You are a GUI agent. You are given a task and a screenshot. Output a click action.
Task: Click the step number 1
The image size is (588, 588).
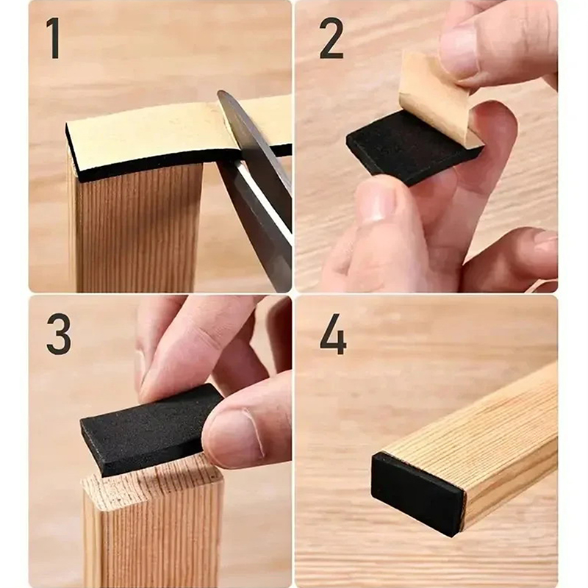[x=54, y=38]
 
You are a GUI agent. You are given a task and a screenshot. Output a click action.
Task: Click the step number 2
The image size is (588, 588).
[x=331, y=38]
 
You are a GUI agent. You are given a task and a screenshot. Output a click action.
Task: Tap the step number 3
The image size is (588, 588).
[x=59, y=334]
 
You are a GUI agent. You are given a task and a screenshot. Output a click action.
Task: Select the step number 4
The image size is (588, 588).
[x=333, y=334]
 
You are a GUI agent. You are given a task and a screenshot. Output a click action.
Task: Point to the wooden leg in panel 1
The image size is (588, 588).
[x=137, y=229]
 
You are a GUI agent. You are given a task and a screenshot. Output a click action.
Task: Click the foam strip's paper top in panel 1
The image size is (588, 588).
[x=157, y=135]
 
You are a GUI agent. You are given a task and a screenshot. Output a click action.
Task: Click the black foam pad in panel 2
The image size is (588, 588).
[x=409, y=150]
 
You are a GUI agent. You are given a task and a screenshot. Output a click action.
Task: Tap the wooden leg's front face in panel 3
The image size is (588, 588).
[x=154, y=540]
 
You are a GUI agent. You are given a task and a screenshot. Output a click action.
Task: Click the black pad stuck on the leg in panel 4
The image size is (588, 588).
[x=416, y=493]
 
